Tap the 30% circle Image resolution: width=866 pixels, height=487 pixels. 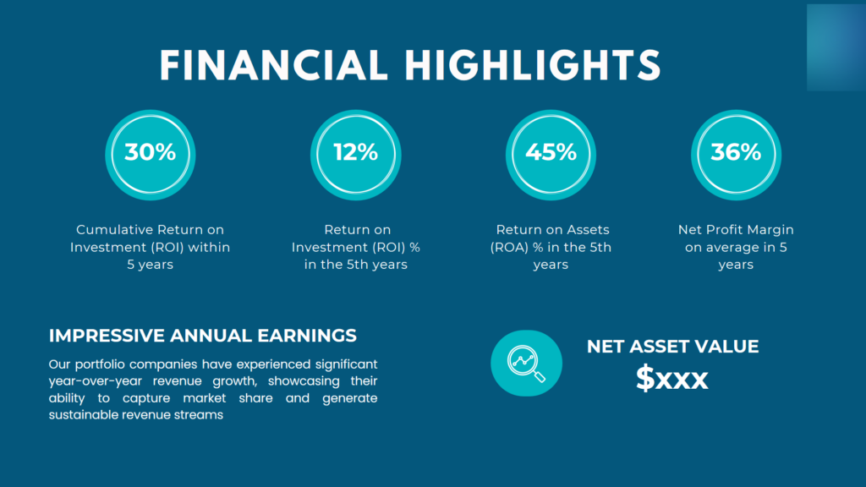(x=150, y=153)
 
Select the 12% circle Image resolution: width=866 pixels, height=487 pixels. (x=355, y=153)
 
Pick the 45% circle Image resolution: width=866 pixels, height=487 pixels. (x=551, y=153)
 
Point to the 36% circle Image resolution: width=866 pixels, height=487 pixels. (x=736, y=153)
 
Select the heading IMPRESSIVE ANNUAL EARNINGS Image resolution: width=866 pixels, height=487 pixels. (x=203, y=336)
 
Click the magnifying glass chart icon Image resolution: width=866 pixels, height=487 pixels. (x=526, y=363)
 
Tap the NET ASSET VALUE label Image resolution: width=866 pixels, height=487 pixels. (x=672, y=347)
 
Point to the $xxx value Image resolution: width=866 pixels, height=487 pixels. (x=672, y=379)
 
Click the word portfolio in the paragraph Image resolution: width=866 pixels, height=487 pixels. (x=106, y=364)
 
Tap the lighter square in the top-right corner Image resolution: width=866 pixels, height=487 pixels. (x=835, y=47)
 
